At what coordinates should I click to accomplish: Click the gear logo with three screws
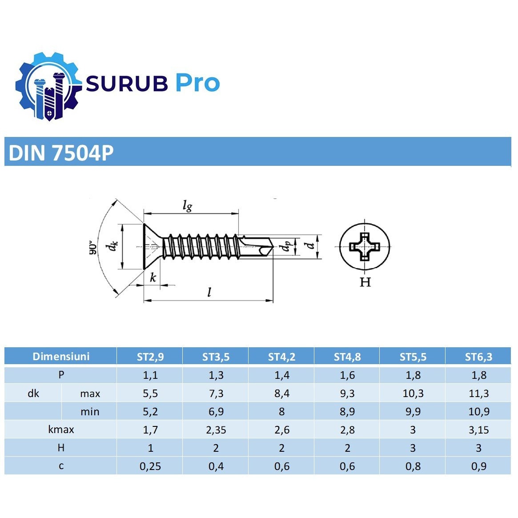(48, 86)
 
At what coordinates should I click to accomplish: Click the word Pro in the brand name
(197, 83)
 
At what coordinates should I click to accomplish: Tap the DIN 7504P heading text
(61, 153)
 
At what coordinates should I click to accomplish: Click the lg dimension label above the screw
(187, 205)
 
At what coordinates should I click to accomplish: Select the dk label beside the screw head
(112, 246)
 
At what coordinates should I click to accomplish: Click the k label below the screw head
(153, 277)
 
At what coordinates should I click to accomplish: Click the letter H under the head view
(365, 282)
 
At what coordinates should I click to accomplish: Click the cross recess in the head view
(365, 247)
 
